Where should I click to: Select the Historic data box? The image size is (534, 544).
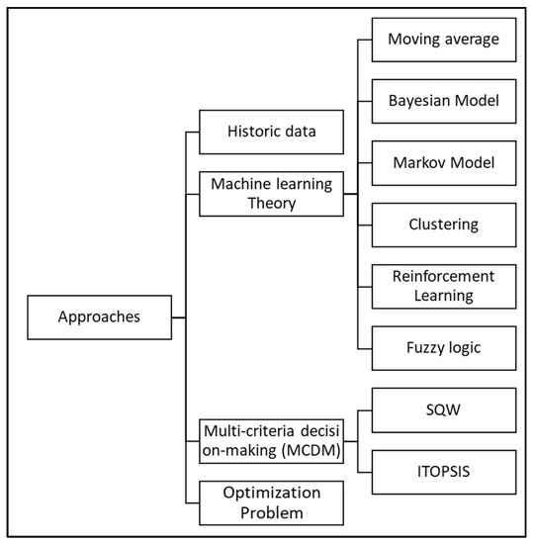pos(271,132)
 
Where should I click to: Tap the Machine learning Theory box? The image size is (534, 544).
pos(271,193)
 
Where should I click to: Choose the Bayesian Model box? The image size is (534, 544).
pos(442,102)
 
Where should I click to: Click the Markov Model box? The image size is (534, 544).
pos(442,162)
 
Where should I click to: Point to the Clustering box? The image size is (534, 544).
pos(442,224)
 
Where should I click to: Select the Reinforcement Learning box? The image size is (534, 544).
pos(442,285)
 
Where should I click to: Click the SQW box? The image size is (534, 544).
pos(442,409)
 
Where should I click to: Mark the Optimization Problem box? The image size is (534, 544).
pos(271,501)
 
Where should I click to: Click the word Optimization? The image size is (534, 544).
pos(271,492)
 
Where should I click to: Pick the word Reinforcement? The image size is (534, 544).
pos(442,275)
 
